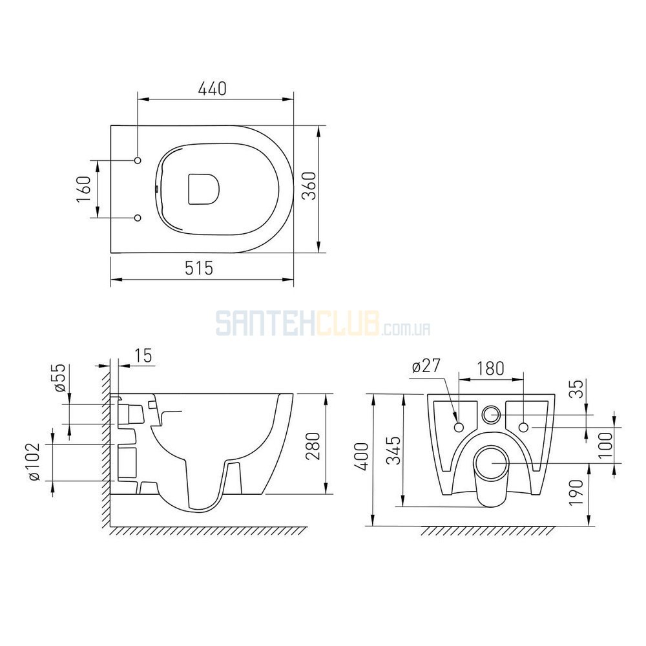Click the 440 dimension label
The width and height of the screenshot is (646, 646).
(212, 89)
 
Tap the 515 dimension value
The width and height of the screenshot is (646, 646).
(199, 268)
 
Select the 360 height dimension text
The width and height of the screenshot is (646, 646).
(310, 186)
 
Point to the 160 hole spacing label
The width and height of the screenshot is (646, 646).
(83, 189)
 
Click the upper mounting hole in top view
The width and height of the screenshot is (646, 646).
(138, 160)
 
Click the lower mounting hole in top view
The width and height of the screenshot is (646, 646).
(138, 218)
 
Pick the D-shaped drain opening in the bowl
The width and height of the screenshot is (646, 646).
(203, 189)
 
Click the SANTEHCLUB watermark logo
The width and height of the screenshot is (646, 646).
(324, 324)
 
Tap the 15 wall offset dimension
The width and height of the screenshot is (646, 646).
(143, 355)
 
